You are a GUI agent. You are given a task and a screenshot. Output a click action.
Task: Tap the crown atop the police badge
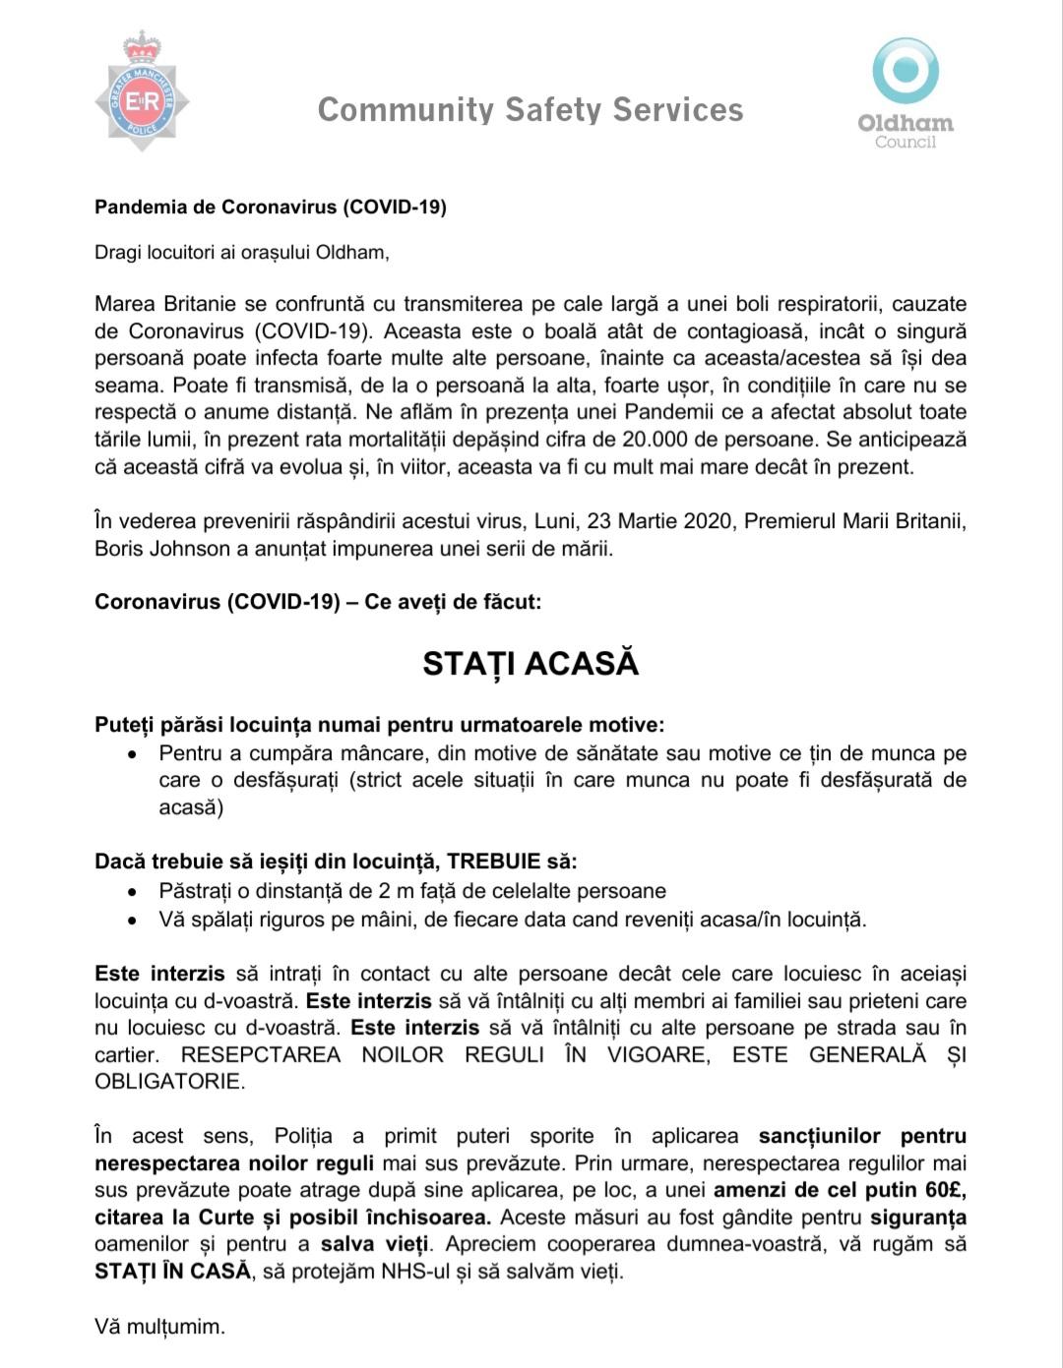tap(142, 45)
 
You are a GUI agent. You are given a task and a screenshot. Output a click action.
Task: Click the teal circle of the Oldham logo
tap(906, 70)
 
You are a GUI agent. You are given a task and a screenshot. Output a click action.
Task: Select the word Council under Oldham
tap(906, 143)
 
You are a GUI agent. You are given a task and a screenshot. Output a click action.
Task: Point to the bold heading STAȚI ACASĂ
tap(531, 664)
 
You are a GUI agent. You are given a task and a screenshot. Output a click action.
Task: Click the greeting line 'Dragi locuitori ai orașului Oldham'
tap(241, 253)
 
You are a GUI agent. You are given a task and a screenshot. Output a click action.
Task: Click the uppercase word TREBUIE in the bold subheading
tap(495, 862)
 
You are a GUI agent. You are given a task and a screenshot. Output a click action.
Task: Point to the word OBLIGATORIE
tap(168, 1082)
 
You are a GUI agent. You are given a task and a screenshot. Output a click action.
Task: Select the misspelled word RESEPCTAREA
tap(261, 1055)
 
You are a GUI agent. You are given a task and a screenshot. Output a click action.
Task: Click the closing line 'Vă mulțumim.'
tap(159, 1327)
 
